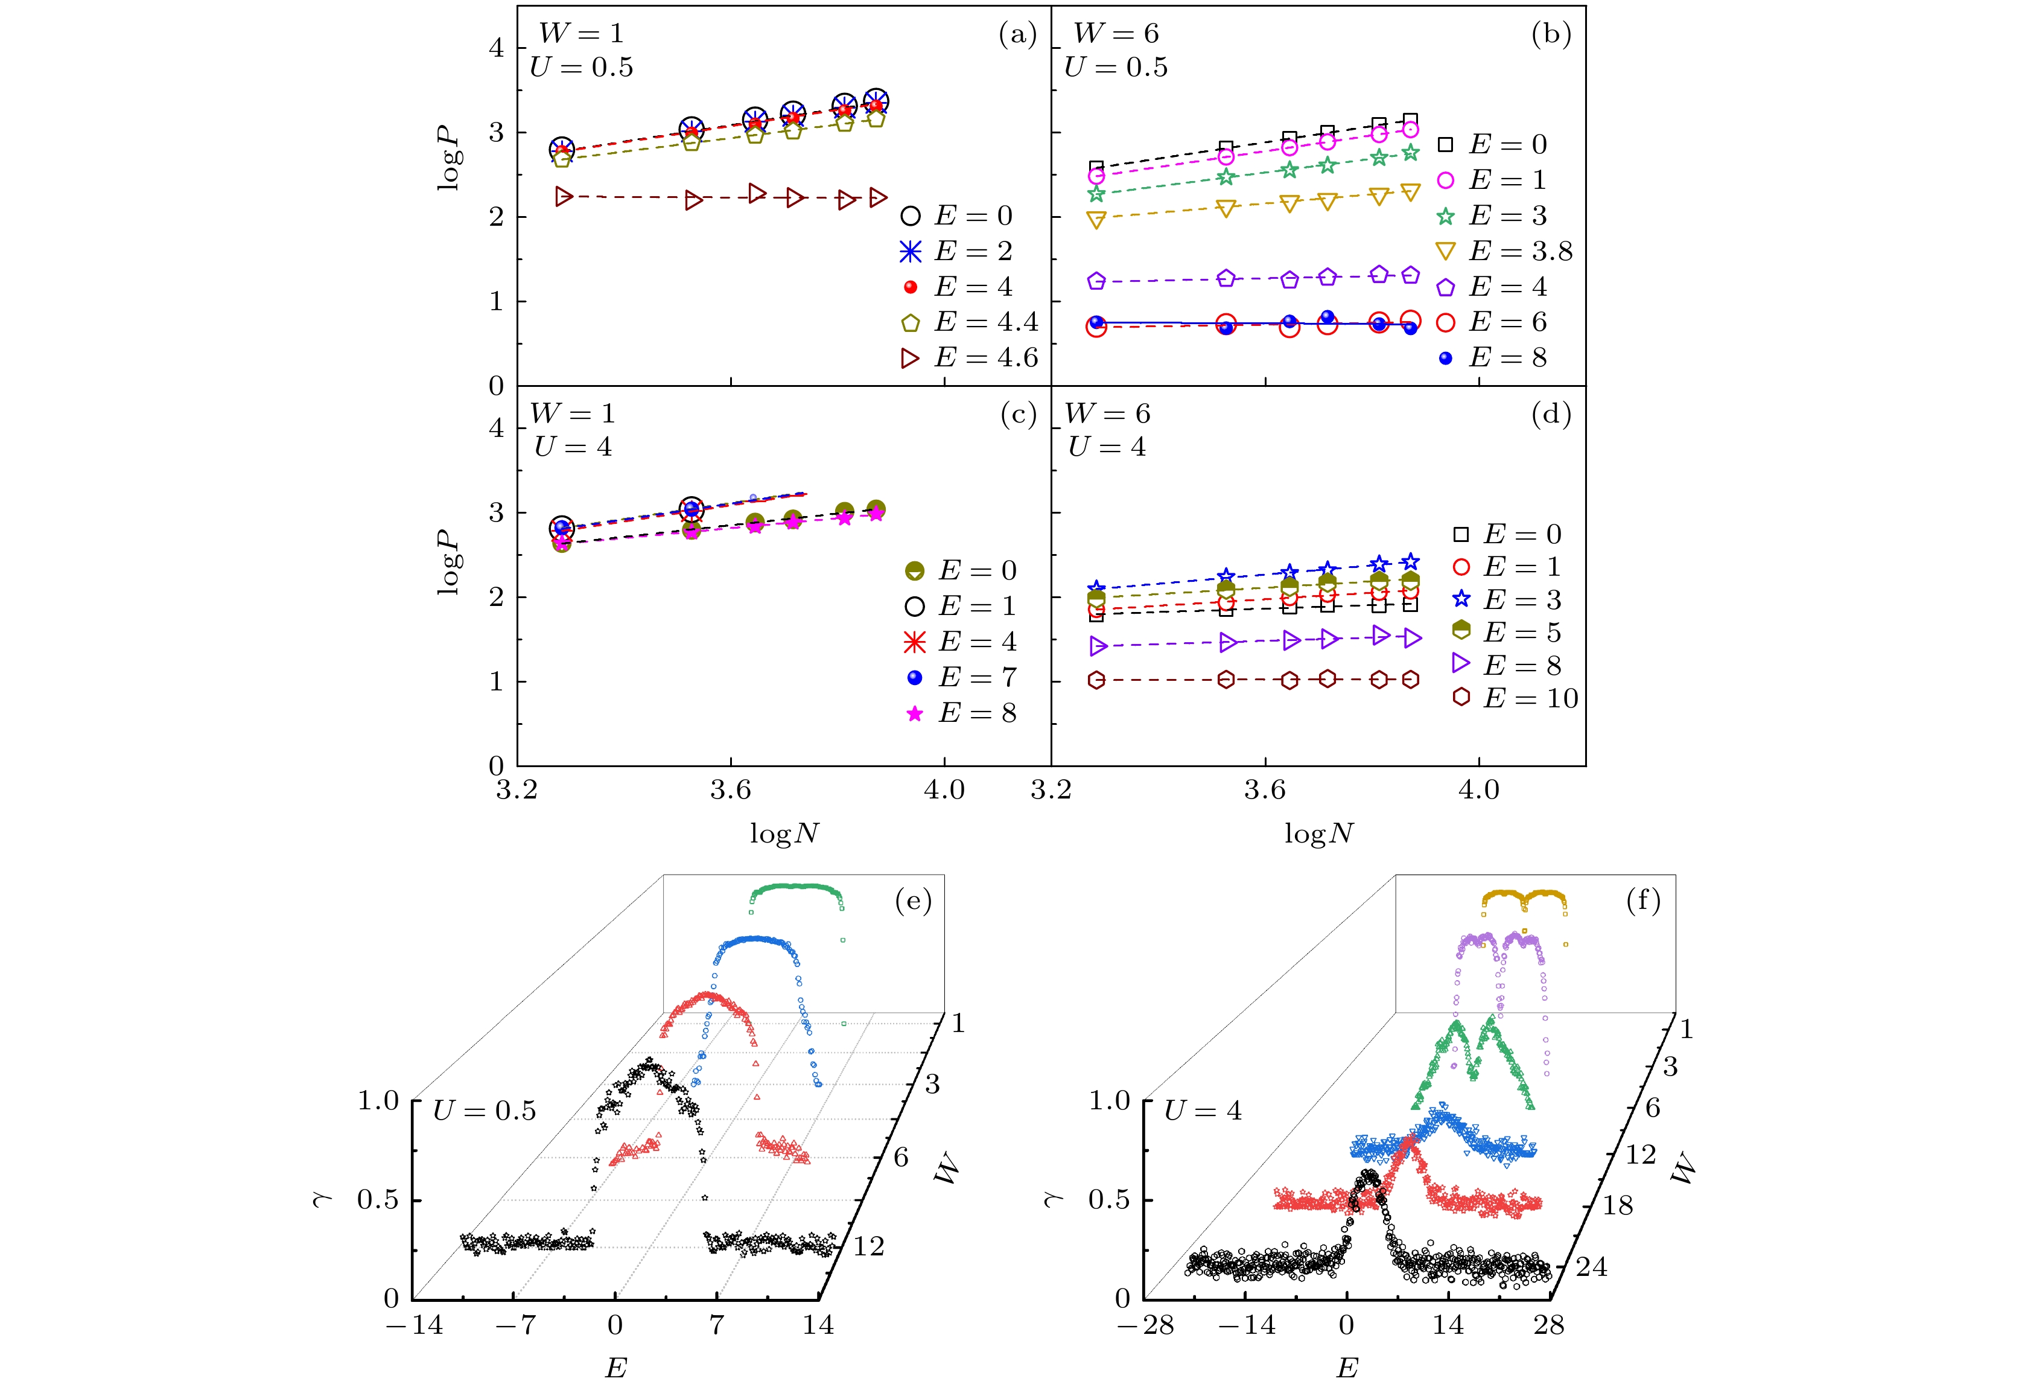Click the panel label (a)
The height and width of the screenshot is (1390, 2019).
1017,35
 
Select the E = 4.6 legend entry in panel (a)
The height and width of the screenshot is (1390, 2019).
969,358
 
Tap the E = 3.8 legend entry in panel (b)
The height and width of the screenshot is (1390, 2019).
1504,252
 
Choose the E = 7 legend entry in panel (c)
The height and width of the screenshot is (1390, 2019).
961,678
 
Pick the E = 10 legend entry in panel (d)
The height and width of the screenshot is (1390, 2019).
1515,698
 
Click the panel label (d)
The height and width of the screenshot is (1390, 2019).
1551,415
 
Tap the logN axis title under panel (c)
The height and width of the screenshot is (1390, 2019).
784,834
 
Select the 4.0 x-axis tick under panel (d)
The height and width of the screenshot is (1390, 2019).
1478,790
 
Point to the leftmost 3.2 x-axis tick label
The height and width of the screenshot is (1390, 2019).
517,790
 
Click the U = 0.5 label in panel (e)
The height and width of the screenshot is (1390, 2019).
485,1111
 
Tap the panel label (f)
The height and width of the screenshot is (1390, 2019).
1643,900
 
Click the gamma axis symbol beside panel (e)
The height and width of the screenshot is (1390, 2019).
322,1199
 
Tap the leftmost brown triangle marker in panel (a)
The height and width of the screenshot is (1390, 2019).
564,197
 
